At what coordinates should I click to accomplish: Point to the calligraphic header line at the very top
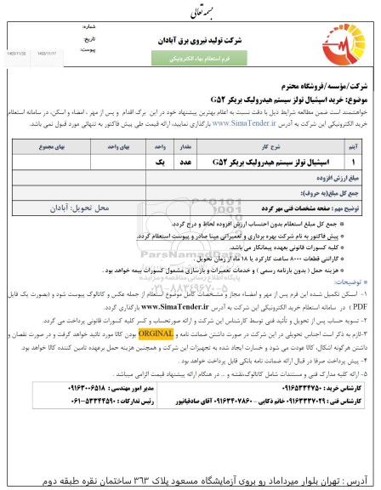(190, 10)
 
